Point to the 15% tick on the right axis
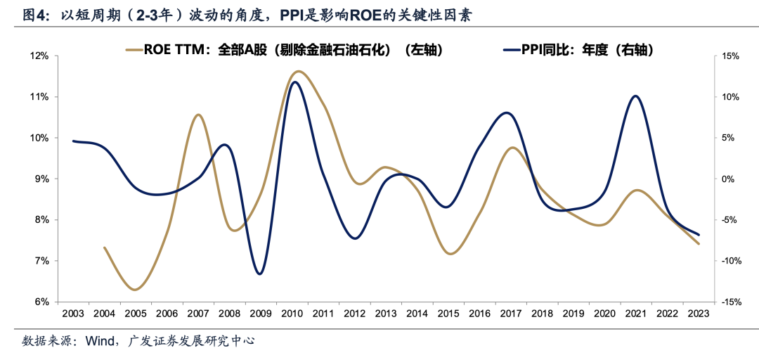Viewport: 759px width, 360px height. pyautogui.click(x=731, y=56)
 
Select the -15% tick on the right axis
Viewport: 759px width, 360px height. pyautogui.click(x=731, y=302)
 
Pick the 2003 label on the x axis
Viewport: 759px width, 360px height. pyautogui.click(x=73, y=314)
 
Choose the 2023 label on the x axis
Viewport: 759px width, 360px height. pyautogui.click(x=698, y=314)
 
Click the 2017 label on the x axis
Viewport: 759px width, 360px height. pyautogui.click(x=510, y=314)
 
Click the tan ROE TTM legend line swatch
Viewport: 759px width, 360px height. pyautogui.click(x=133, y=50)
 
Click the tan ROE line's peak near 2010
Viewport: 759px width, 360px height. pyautogui.click(x=298, y=71)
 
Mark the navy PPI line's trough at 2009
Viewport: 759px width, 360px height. pyautogui.click(x=260, y=274)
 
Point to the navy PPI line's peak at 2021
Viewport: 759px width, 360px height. pyautogui.click(x=635, y=96)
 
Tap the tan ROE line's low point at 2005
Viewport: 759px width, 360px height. pyautogui.click(x=135, y=289)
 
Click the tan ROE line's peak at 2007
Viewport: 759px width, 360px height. pyautogui.click(x=198, y=115)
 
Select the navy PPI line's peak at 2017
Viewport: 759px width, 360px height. pyautogui.click(x=507, y=112)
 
